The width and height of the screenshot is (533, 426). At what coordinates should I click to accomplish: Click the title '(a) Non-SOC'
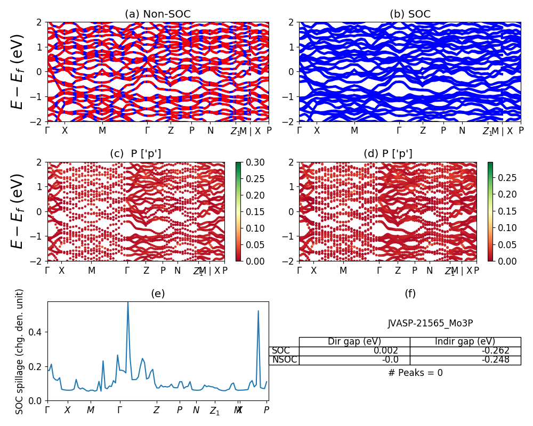pos(158,14)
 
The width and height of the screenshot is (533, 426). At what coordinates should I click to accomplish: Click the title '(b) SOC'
pos(410,14)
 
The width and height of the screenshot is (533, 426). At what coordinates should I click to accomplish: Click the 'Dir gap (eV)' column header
pos(354,342)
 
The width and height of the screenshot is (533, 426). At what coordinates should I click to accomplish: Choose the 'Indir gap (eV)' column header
pos(465,342)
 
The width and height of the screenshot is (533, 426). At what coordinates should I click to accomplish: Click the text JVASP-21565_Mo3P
pos(430,323)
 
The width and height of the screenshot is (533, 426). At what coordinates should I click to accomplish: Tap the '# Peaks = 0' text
pos(415,373)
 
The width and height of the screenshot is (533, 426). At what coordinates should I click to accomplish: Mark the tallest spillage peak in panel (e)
pos(127,303)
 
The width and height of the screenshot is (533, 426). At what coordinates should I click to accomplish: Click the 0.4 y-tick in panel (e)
pos(37,332)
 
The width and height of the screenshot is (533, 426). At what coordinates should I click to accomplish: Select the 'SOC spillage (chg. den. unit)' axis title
pos(20,351)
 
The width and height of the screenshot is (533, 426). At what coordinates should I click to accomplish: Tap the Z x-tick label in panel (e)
pos(156,411)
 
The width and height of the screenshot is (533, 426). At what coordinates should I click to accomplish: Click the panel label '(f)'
pos(410,293)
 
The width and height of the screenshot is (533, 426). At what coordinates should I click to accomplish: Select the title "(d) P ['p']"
pos(387,154)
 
